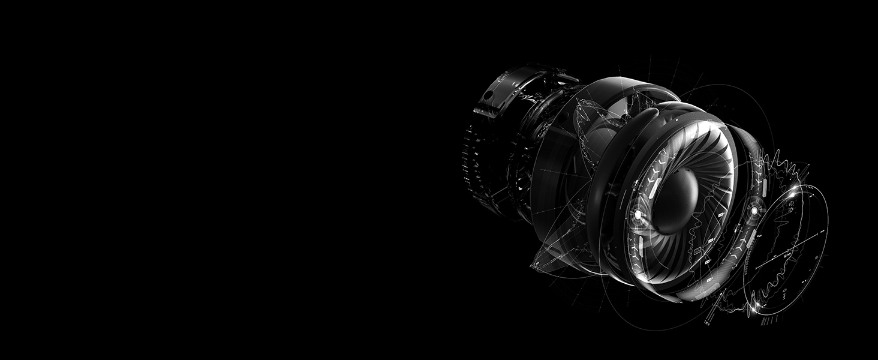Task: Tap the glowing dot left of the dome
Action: pos(638,214)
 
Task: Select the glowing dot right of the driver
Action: pos(754,211)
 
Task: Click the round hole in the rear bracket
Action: pos(487,95)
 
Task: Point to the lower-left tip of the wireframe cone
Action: pos(532,264)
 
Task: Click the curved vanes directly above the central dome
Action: pos(690,150)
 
